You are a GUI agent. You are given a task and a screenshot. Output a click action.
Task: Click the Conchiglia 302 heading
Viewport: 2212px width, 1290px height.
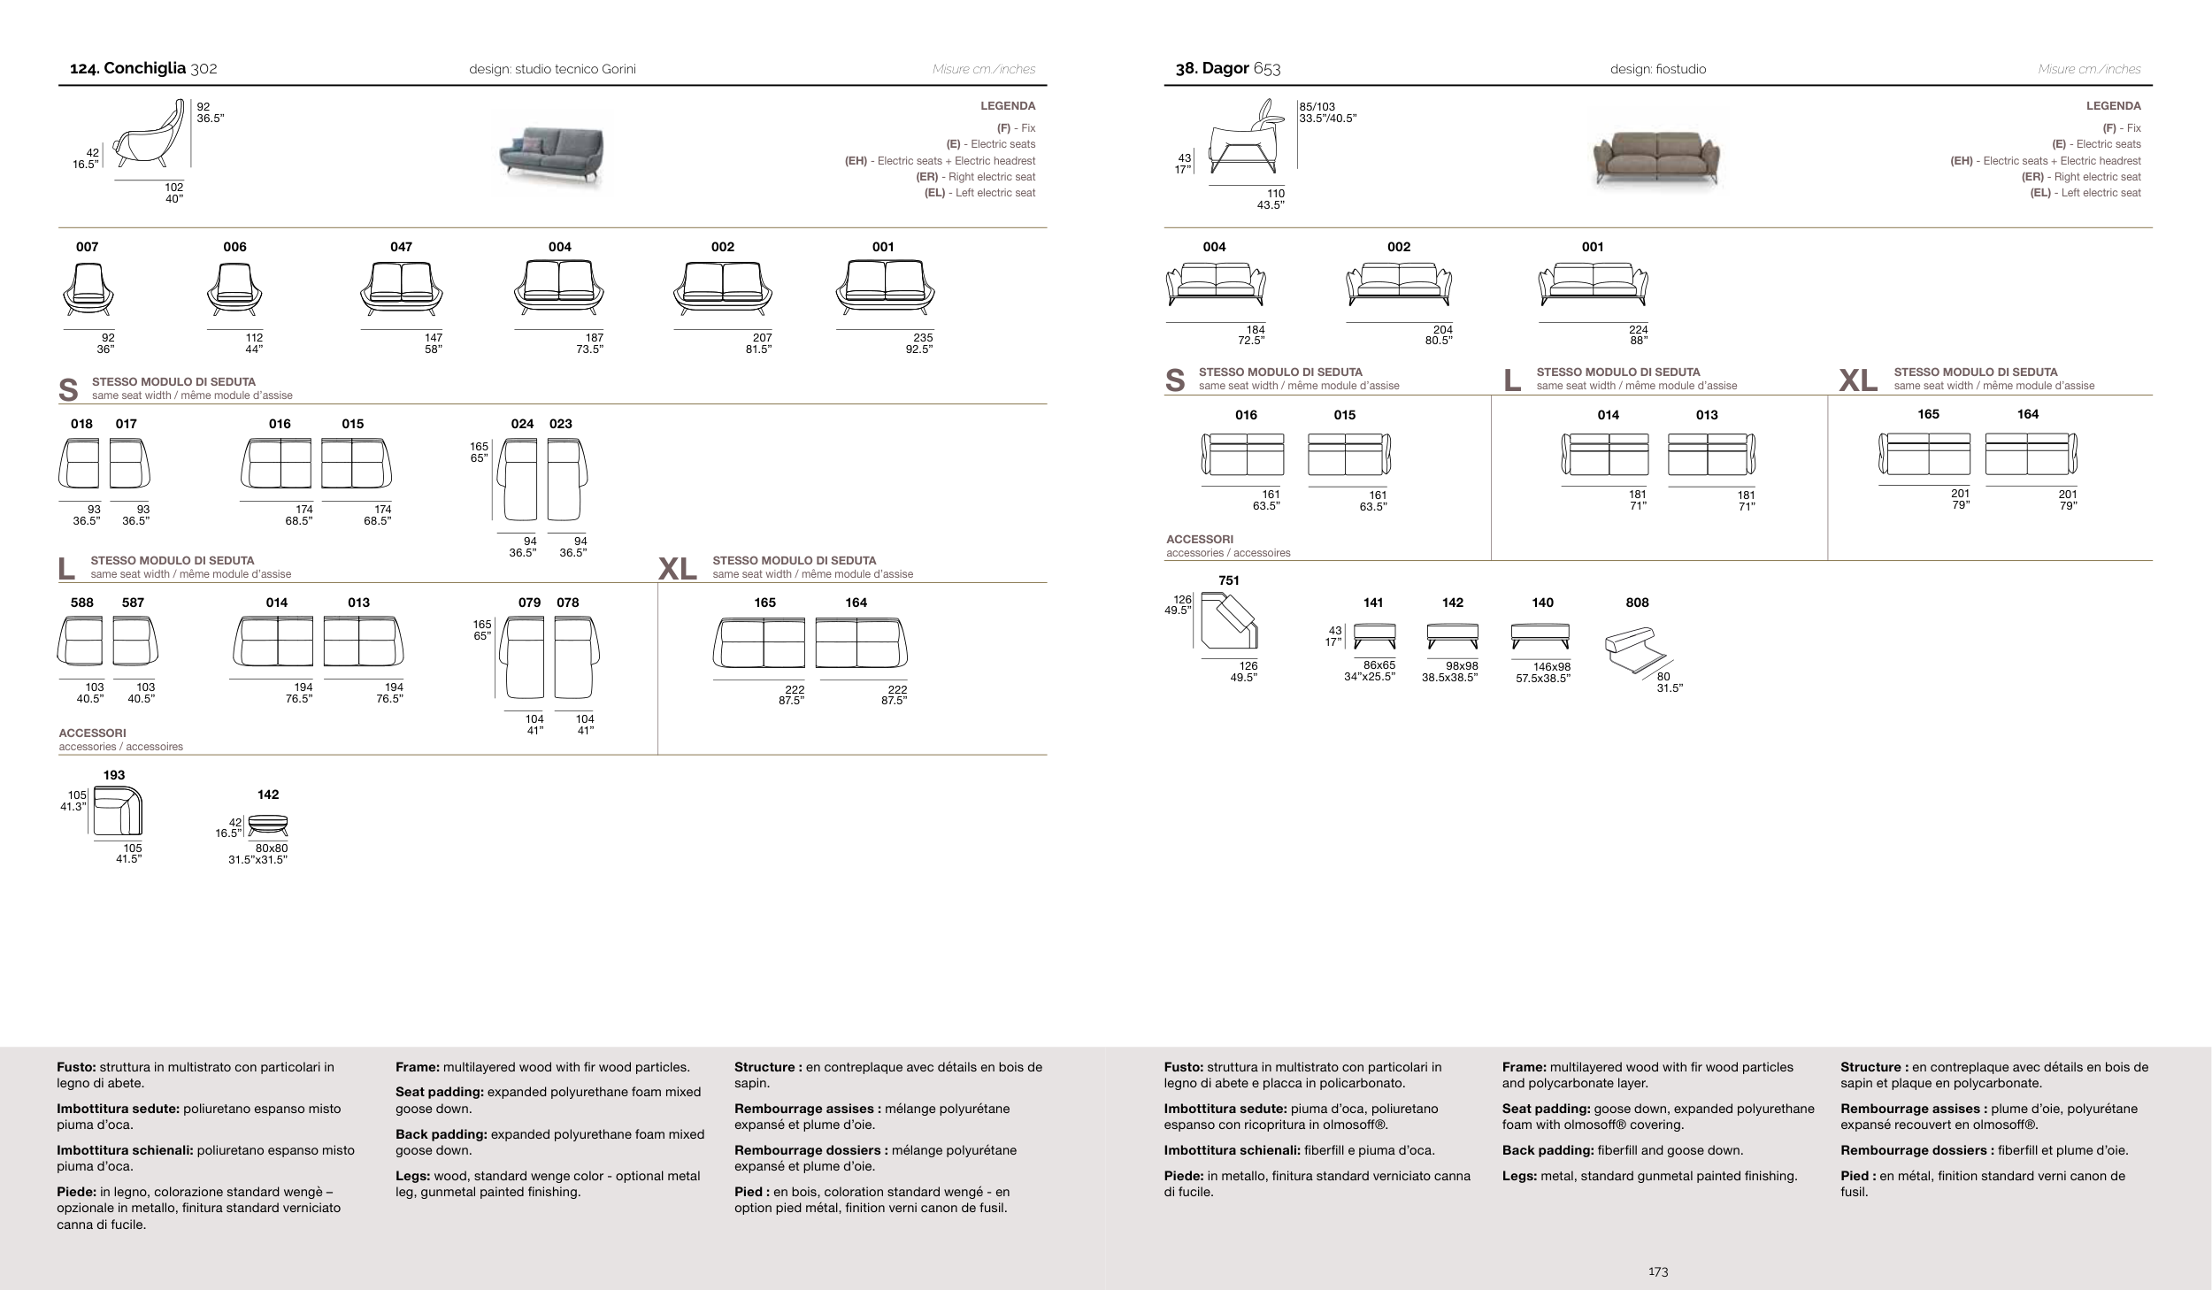coord(143,69)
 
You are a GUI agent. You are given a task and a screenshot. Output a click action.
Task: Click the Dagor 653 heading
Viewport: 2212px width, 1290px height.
coord(1227,69)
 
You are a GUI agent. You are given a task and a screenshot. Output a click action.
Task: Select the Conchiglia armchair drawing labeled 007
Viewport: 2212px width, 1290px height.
coord(88,290)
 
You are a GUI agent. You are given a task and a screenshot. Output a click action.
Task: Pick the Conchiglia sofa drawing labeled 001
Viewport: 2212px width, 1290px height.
coord(884,288)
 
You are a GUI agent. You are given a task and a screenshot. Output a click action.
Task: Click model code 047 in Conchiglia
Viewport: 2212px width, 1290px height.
coord(401,247)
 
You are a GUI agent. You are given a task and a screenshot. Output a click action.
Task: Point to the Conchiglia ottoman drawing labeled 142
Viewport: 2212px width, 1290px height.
coord(268,825)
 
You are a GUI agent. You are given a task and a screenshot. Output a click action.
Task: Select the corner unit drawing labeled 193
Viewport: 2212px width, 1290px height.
coord(118,810)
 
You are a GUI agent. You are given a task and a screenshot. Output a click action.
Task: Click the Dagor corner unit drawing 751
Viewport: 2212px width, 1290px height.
coord(1230,622)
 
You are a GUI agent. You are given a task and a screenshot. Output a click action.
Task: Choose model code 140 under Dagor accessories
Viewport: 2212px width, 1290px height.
coord(1542,603)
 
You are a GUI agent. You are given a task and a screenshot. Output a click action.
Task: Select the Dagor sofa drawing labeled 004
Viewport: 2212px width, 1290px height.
coord(1215,284)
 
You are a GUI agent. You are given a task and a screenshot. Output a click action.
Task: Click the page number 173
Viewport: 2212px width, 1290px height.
coord(1658,1271)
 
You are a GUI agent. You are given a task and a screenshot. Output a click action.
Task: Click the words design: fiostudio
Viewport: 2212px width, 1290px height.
coord(1658,69)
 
